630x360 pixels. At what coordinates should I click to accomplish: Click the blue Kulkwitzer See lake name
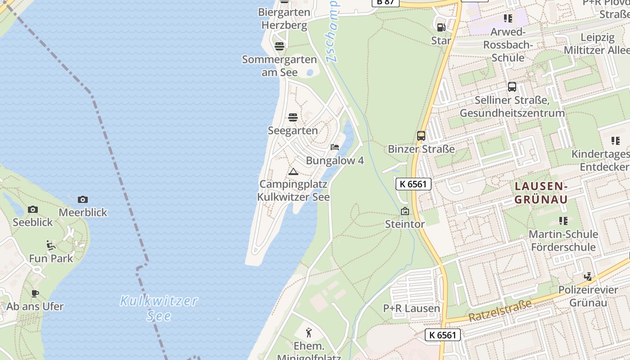(x=159, y=308)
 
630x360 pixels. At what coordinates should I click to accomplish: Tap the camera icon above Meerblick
(x=83, y=199)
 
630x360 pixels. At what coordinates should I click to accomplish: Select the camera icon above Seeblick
(x=32, y=209)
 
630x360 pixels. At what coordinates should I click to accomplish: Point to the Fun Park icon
(x=51, y=245)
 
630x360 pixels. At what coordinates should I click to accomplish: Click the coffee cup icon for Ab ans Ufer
(x=35, y=294)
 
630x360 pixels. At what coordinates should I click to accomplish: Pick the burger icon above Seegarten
(x=293, y=118)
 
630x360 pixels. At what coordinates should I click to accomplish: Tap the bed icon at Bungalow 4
(x=334, y=147)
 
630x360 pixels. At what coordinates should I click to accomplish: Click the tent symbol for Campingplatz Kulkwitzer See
(x=293, y=171)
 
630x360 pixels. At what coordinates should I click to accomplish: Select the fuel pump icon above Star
(x=441, y=27)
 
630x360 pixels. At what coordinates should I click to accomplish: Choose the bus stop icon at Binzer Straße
(x=421, y=135)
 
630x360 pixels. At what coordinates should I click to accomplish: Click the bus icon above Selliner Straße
(x=512, y=87)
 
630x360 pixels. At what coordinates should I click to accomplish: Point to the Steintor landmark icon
(x=405, y=211)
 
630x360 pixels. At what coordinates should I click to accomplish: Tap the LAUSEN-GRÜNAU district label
(x=541, y=193)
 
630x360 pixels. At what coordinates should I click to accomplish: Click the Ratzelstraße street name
(x=499, y=311)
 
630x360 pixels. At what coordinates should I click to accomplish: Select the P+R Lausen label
(x=412, y=309)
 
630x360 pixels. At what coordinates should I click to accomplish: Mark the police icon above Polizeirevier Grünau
(x=588, y=277)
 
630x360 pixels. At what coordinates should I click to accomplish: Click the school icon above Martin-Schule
(x=563, y=221)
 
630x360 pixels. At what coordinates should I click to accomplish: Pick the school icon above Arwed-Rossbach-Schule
(x=508, y=18)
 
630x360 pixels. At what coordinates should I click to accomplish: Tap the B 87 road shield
(x=385, y=2)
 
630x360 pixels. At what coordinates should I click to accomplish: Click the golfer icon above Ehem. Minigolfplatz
(x=309, y=333)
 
